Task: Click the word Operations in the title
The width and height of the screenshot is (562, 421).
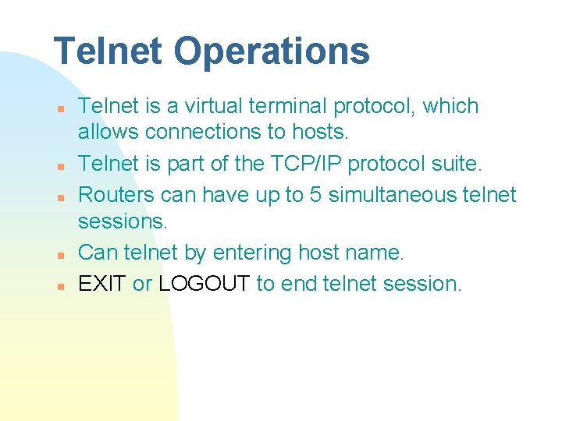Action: coord(272,51)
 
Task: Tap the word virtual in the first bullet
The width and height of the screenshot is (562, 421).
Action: coord(212,106)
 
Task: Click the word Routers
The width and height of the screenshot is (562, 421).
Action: coord(116,194)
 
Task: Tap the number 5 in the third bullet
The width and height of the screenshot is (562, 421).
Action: coord(315,194)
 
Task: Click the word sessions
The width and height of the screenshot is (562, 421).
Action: coord(122,221)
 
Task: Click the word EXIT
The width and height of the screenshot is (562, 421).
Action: coord(102,283)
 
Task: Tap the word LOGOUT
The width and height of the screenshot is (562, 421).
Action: coord(205,283)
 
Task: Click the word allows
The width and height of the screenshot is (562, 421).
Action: coord(108,133)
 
